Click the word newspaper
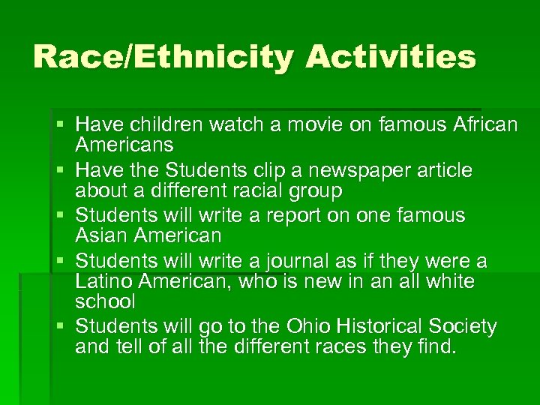point(347,170)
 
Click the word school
point(105,301)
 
